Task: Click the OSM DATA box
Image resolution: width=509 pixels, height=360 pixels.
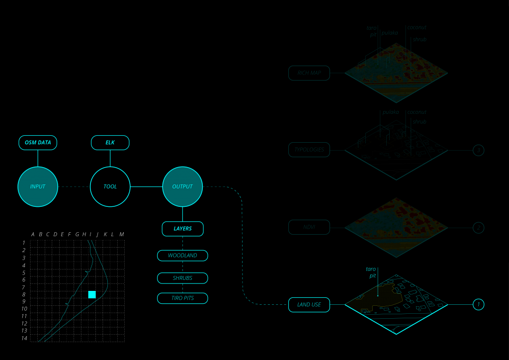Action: (38, 143)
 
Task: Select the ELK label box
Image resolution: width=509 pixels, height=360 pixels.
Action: (110, 143)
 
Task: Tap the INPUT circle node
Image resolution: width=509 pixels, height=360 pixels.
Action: (38, 186)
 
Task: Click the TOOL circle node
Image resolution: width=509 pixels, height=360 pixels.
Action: (110, 186)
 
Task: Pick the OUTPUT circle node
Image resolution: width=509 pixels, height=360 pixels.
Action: (182, 186)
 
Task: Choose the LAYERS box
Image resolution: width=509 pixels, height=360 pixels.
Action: (182, 229)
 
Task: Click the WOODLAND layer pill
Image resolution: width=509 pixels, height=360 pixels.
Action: (182, 256)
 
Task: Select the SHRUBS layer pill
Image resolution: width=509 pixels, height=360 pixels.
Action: (182, 278)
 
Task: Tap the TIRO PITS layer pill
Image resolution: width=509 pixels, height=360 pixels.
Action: (182, 298)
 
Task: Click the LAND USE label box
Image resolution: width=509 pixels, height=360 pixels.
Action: (309, 304)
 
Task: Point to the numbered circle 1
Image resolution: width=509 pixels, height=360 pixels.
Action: (478, 304)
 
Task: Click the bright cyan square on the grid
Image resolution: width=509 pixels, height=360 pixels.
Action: (92, 294)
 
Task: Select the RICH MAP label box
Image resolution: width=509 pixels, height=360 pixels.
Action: (309, 73)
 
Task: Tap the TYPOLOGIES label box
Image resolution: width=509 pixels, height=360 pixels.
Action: (309, 150)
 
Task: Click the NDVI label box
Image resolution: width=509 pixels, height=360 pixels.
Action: (309, 228)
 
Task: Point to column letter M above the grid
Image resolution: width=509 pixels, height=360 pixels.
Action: (121, 234)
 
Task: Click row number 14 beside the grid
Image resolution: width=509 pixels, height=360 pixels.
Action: (23, 338)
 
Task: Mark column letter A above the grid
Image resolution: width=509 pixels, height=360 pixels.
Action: (33, 234)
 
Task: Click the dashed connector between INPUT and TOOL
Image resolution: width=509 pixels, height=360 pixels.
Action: (74, 186)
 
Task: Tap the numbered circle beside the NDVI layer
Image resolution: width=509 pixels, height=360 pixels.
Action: (478, 228)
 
